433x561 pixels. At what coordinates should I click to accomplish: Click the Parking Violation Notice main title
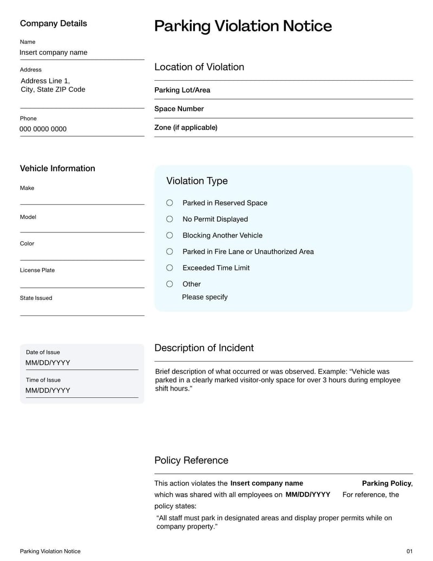point(242,26)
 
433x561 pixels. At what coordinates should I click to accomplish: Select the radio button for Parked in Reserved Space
point(169,203)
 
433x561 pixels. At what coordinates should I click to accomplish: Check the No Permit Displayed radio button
point(169,219)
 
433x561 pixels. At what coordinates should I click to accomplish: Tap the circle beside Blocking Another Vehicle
point(169,235)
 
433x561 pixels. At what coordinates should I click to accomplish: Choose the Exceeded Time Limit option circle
point(169,268)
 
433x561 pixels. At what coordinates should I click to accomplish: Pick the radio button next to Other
point(169,284)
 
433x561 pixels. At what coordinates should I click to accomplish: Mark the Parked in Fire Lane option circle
point(169,252)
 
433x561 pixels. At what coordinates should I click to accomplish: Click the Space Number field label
point(179,109)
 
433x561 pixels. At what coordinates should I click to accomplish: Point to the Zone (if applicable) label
point(186,127)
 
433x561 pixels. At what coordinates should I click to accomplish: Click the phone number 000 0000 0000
point(43,129)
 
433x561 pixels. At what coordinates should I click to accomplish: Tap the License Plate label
point(37,270)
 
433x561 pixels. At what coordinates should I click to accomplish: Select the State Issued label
point(36,298)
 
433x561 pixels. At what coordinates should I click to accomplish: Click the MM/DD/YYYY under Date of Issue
point(48,363)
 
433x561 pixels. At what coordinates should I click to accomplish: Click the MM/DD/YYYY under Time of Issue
point(48,390)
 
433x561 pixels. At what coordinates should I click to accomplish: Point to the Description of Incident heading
point(204,348)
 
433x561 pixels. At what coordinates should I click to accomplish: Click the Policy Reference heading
point(191,460)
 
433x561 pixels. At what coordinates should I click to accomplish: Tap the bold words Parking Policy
point(386,483)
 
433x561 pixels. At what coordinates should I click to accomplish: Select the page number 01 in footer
point(409,551)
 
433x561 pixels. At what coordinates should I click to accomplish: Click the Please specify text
point(205,297)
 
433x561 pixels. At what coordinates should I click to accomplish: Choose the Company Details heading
point(53,23)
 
